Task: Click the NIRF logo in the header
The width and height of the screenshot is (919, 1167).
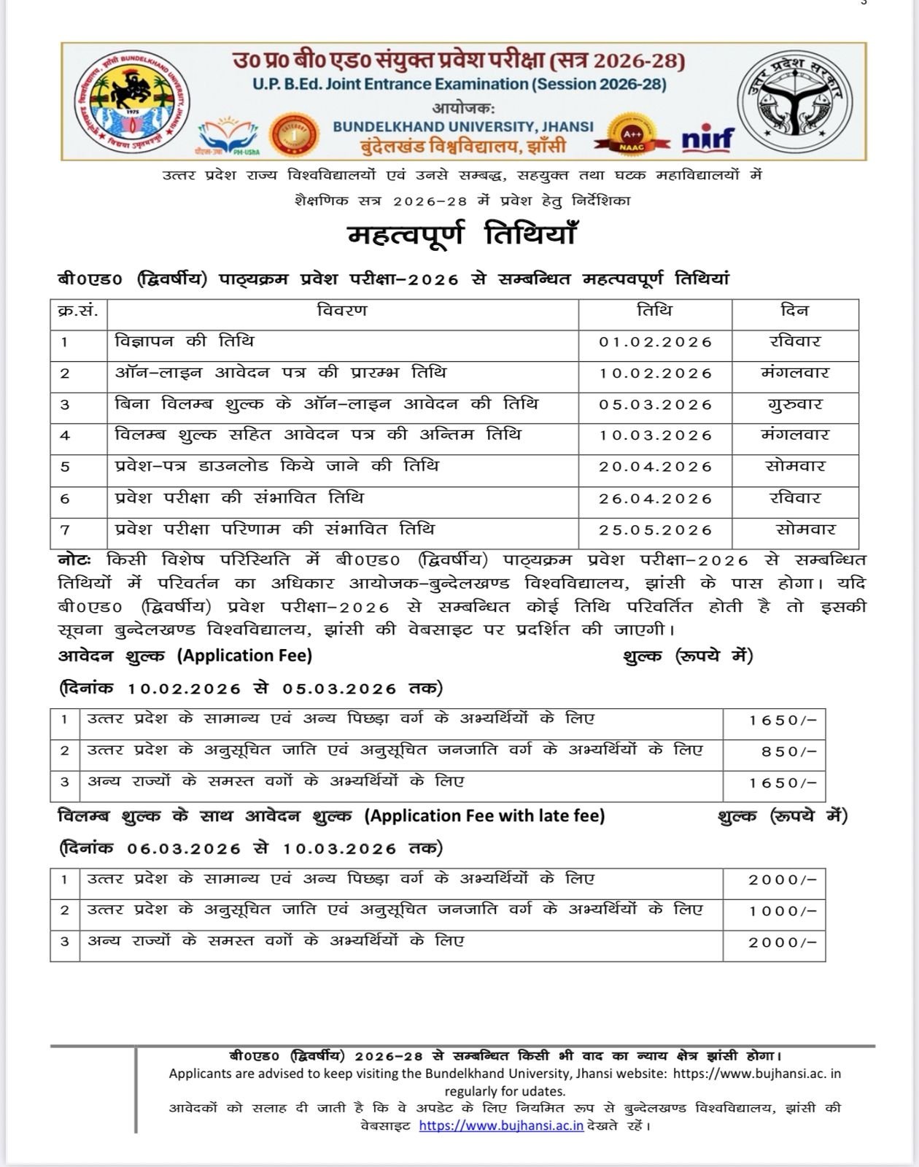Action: click(x=707, y=138)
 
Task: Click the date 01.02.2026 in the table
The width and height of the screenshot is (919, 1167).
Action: click(x=655, y=342)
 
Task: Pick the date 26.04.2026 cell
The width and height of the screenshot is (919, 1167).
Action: click(x=655, y=499)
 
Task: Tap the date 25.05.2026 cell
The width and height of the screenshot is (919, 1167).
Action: click(x=655, y=530)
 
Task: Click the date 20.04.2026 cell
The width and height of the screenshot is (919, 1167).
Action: click(x=655, y=467)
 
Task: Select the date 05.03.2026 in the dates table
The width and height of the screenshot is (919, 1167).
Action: click(x=655, y=405)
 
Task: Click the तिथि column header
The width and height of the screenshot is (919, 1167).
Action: click(x=654, y=311)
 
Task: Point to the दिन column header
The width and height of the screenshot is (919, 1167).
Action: click(x=794, y=311)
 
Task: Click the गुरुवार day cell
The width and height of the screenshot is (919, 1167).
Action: click(x=794, y=404)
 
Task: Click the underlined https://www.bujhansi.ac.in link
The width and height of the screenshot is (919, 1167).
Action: click(x=501, y=1125)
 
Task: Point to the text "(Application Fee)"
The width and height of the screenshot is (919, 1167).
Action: click(x=244, y=656)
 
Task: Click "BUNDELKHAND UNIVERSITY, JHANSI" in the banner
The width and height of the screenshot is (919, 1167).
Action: click(x=463, y=126)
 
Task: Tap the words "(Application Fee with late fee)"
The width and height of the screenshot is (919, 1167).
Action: click(x=485, y=815)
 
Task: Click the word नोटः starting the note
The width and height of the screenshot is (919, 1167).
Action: click(x=74, y=560)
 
